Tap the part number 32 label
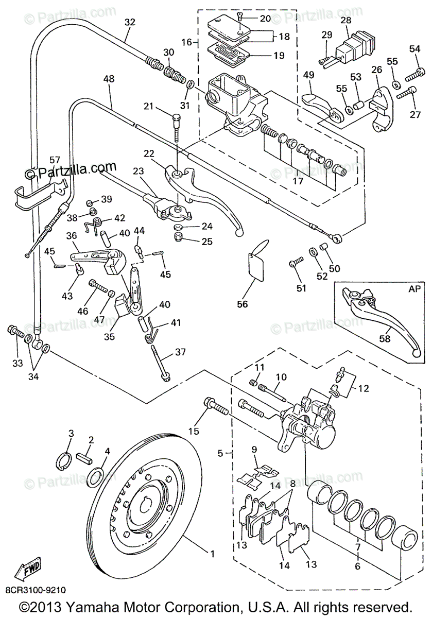130,22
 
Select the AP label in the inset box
414,288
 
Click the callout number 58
385,338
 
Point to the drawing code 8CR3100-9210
36,590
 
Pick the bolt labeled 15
216,408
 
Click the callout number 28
346,20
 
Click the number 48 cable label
109,79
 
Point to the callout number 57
55,160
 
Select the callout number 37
181,352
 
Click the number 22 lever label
149,153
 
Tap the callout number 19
279,56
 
